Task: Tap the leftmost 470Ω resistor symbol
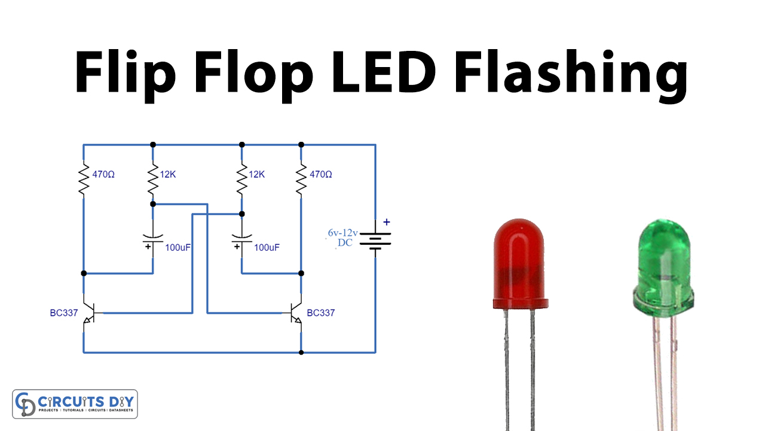pyautogui.click(x=84, y=180)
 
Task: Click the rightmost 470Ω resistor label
pyautogui.click(x=321, y=175)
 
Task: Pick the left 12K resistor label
pyautogui.click(x=169, y=175)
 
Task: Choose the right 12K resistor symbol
pyautogui.click(x=242, y=180)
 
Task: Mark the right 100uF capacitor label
pyautogui.click(x=267, y=247)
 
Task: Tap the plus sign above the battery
pyautogui.click(x=386, y=221)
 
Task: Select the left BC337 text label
pyautogui.click(x=64, y=312)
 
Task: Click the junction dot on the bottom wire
pyautogui.click(x=301, y=353)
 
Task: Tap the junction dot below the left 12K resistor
pyautogui.click(x=153, y=204)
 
